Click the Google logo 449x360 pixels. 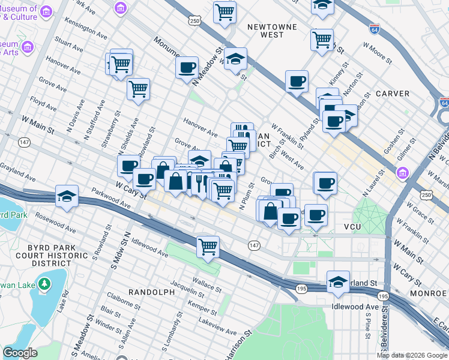(x=20, y=352)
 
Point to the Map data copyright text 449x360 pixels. (x=412, y=355)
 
